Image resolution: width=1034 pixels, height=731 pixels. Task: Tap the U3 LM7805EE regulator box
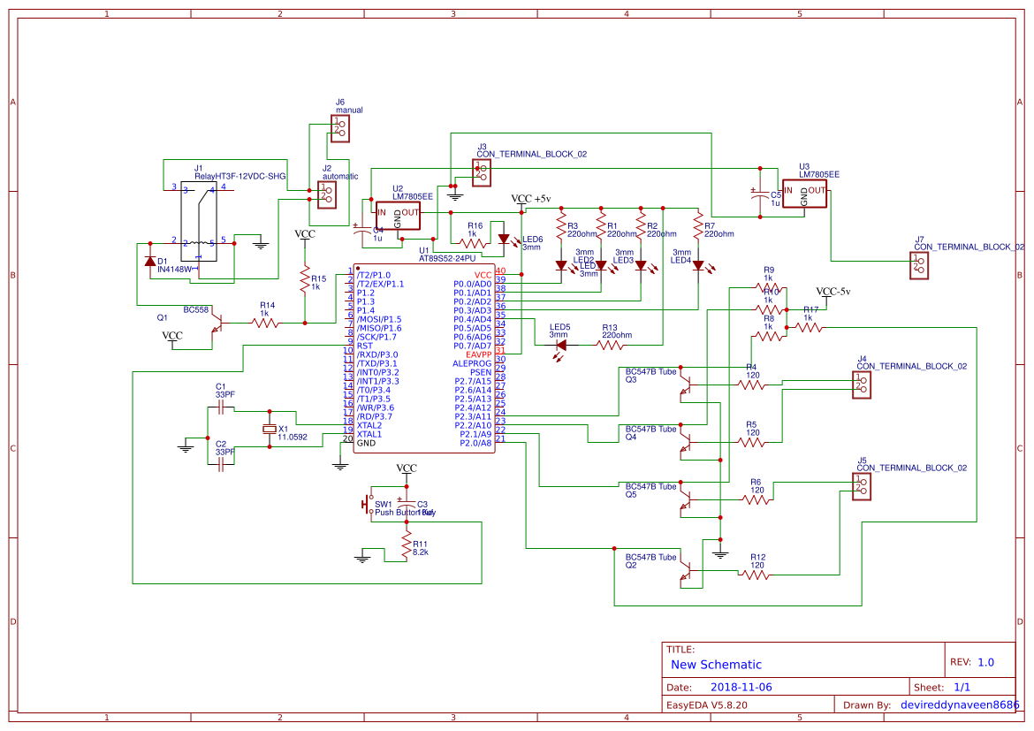point(803,194)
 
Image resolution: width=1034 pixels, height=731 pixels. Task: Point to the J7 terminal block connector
point(919,265)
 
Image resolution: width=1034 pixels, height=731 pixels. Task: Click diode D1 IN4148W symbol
point(149,262)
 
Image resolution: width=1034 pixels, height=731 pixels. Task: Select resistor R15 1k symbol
point(305,281)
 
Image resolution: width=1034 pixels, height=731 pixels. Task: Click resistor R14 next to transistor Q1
point(266,324)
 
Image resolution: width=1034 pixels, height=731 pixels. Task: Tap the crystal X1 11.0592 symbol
point(270,430)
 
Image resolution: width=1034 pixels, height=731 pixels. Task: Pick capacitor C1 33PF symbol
point(221,407)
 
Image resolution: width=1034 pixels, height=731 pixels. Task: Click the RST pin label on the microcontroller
point(365,346)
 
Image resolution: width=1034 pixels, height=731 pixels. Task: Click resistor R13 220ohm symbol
point(612,346)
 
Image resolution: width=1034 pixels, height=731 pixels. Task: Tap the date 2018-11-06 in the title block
point(741,687)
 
